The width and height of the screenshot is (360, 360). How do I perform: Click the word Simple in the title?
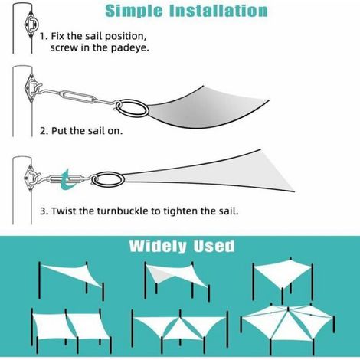134,11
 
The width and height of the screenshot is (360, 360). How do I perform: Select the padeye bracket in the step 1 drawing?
31,25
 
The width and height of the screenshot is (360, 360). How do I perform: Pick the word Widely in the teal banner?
158,246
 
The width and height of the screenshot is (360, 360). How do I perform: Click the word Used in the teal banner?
214,246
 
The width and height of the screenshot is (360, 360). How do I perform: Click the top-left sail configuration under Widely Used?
71,280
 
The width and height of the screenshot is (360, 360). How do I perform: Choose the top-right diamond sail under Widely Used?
283,278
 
